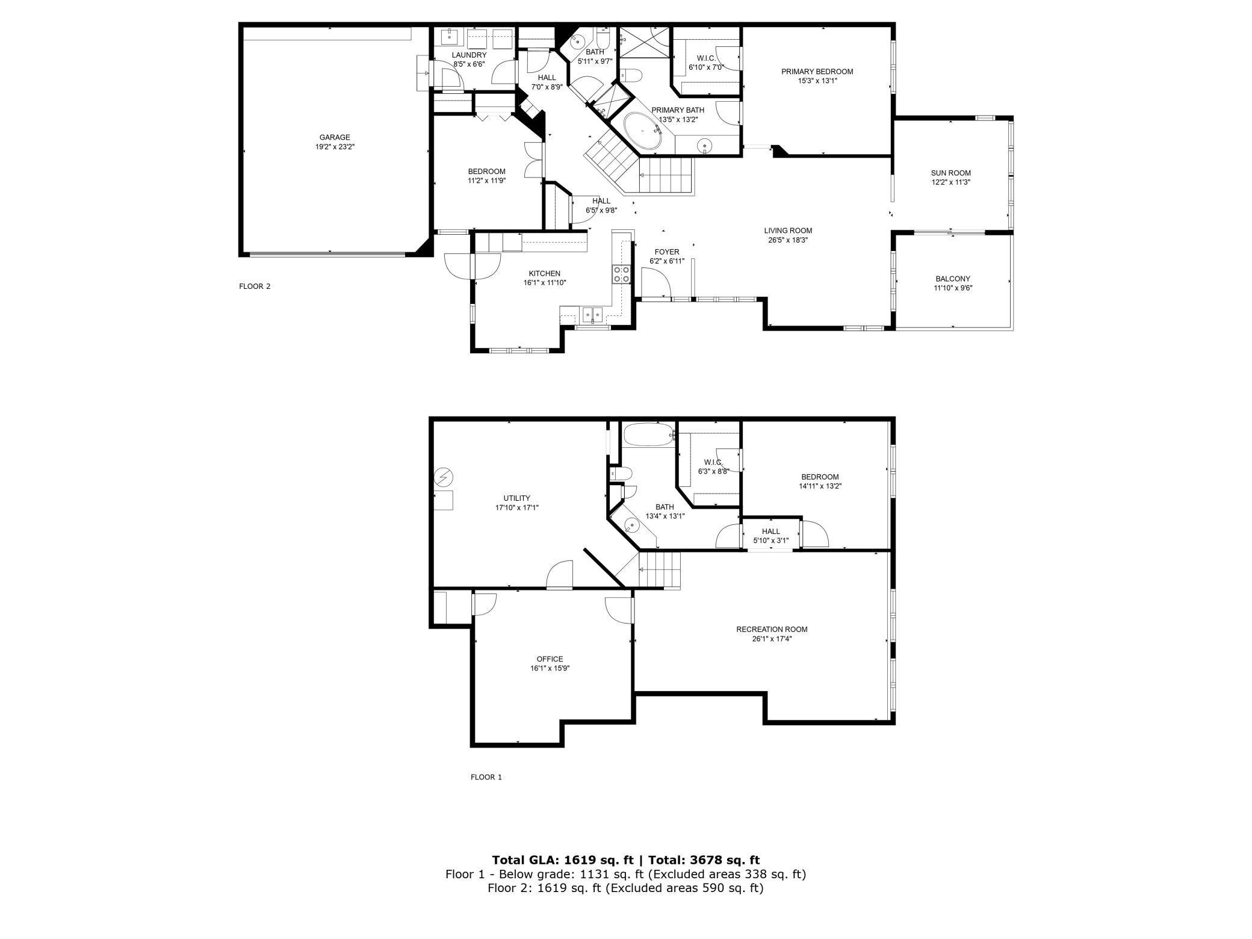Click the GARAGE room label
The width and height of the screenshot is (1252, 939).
click(x=335, y=137)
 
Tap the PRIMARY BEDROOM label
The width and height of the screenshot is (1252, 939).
click(x=817, y=72)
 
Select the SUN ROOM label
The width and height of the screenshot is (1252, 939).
click(x=950, y=173)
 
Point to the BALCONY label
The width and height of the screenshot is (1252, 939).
click(x=953, y=279)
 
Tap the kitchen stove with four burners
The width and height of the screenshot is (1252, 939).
click(x=621, y=274)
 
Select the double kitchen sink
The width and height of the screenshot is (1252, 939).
click(x=592, y=314)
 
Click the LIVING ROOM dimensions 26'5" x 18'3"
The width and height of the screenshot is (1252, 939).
click(x=788, y=240)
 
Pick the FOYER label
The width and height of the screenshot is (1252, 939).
click(x=667, y=252)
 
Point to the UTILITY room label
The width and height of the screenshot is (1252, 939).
click(x=516, y=498)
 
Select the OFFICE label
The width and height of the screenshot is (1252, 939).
click(x=550, y=659)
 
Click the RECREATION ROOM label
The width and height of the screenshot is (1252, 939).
click(x=772, y=630)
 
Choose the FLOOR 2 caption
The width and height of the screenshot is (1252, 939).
click(x=255, y=287)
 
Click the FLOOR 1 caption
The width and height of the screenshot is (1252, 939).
click(x=486, y=777)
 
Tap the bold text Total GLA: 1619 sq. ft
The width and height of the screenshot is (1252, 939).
click(x=560, y=860)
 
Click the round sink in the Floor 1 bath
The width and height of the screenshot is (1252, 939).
click(x=630, y=526)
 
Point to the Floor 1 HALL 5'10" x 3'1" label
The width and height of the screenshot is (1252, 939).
click(x=770, y=536)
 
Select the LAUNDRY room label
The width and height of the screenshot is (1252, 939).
click(x=469, y=55)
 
